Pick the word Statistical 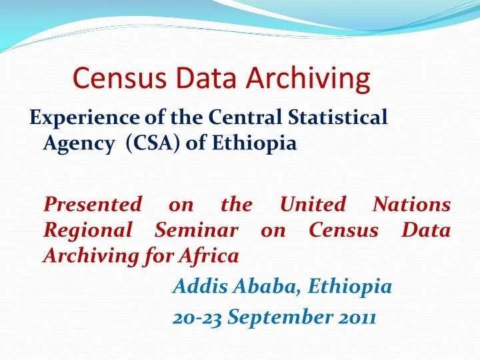click(x=339, y=118)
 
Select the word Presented click(x=92, y=204)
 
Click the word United click(x=313, y=204)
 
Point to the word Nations click(x=411, y=204)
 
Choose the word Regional click(x=87, y=230)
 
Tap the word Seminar click(x=196, y=229)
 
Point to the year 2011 click(x=357, y=318)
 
